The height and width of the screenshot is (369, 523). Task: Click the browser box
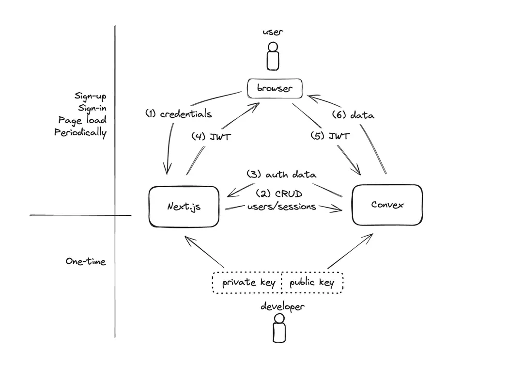[x=274, y=89]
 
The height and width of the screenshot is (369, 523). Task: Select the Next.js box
[x=184, y=206]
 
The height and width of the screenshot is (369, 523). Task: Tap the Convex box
[x=387, y=205]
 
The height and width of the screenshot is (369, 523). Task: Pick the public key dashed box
[x=312, y=283]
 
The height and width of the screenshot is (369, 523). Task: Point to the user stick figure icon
[x=273, y=56]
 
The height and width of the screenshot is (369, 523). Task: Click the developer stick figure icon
[x=278, y=328]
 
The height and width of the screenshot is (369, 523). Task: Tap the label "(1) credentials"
[x=179, y=114]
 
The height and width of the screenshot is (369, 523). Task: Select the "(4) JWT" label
[x=212, y=137]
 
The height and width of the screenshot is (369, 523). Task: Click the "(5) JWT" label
[x=330, y=136]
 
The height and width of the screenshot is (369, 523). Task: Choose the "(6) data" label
[x=353, y=115]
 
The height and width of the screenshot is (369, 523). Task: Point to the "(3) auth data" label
[x=281, y=174]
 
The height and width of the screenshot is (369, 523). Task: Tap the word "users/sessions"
[x=281, y=207]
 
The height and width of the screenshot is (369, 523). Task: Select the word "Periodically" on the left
[x=80, y=132]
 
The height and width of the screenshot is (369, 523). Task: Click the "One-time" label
[x=86, y=261]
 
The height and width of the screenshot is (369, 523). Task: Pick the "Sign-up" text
[x=90, y=96]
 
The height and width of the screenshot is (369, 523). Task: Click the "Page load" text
[x=82, y=120]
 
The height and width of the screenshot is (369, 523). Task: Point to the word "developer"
[x=283, y=306]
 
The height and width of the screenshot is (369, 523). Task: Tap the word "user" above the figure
[x=273, y=32]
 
